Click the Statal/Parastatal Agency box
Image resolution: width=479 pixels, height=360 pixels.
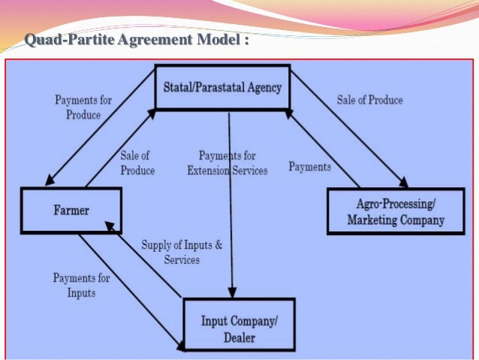click(x=222, y=88)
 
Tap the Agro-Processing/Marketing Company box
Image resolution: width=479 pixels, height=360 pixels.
click(x=395, y=211)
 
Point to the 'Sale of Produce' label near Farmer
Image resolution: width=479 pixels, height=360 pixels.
click(x=137, y=163)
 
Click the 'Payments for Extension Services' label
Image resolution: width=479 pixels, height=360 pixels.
click(x=227, y=163)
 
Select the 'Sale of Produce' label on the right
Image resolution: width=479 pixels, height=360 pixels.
click(x=369, y=100)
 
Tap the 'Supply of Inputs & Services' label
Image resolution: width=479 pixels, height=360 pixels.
click(x=182, y=252)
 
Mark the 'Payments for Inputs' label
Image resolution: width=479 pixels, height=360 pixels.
click(x=81, y=285)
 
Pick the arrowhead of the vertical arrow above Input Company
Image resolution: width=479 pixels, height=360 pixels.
click(x=232, y=294)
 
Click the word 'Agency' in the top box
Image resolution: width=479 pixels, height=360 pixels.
click(x=263, y=88)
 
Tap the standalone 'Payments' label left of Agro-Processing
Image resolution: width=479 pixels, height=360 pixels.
click(x=310, y=166)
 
